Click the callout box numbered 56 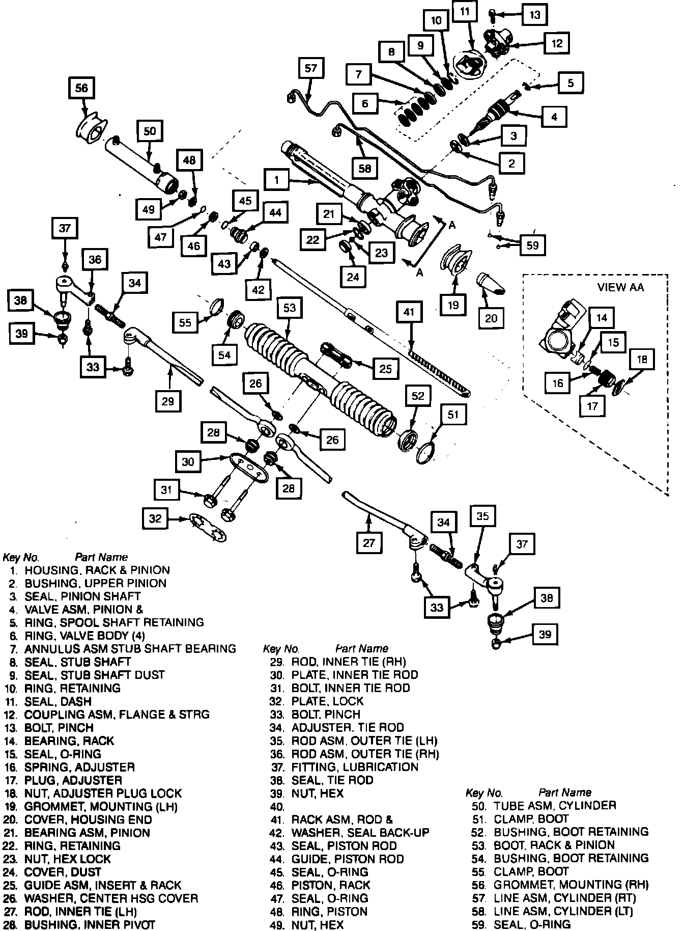pos(82,89)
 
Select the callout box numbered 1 pos(277,180)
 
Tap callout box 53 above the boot pos(289,309)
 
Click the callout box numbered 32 pos(155,519)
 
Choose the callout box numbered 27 pos(368,543)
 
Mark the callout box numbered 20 pos(491,318)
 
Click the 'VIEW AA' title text pos(620,287)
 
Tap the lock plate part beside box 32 pos(208,527)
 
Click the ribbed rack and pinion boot pos(321,372)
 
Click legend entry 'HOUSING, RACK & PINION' pos(97,570)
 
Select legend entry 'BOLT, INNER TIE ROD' pos(350,688)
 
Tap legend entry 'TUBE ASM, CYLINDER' pos(555,806)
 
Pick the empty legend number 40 pos(277,807)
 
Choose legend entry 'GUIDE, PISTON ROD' pos(348,859)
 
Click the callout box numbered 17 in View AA pos(592,406)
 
